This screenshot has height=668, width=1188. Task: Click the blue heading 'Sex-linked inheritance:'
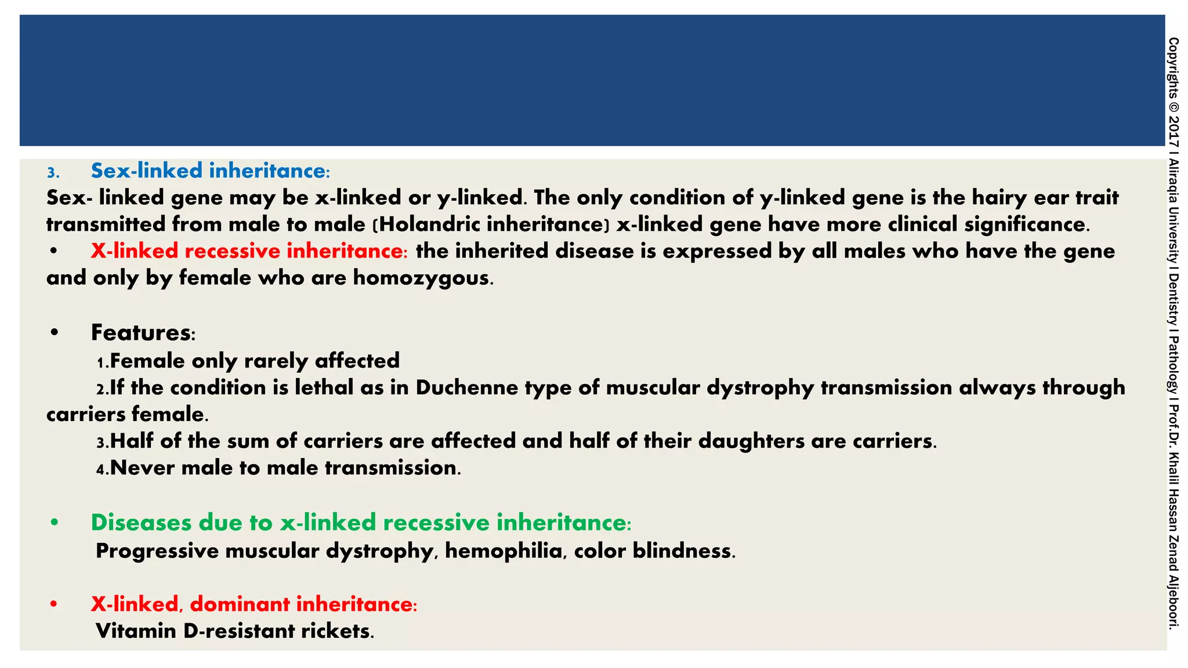211,171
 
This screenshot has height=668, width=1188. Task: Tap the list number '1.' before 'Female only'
102,362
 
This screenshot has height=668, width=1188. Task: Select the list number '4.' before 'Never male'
102,469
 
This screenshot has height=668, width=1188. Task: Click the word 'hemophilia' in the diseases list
504,551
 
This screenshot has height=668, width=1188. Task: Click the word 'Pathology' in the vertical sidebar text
1173,366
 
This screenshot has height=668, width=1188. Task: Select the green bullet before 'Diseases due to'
55,523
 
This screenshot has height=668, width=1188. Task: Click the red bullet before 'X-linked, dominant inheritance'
54,604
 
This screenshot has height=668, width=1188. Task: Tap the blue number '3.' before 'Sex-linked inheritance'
53,173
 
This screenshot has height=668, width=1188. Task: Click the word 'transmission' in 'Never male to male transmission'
391,468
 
